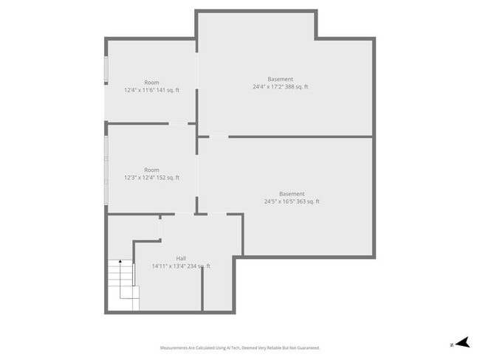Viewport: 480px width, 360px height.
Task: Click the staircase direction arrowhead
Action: [x=120, y=262]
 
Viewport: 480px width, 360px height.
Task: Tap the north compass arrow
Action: [x=462, y=342]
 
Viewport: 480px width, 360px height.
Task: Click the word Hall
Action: [x=181, y=258]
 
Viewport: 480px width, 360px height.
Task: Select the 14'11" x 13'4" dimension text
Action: [x=181, y=266]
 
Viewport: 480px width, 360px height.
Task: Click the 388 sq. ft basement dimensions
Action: [x=280, y=87]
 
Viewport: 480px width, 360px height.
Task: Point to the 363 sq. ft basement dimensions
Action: [x=292, y=201]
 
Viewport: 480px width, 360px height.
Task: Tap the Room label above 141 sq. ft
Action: [x=151, y=83]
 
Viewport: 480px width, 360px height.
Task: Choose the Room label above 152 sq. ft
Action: [x=151, y=170]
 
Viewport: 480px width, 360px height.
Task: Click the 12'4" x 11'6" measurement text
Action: [x=151, y=91]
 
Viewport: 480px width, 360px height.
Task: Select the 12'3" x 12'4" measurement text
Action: [x=151, y=178]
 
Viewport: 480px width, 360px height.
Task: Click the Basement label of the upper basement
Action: [x=280, y=79]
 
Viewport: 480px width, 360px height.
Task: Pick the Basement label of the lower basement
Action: [x=292, y=193]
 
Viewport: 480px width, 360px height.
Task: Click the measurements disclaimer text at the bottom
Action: [x=240, y=347]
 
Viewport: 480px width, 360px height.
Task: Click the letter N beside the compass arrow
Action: [x=451, y=344]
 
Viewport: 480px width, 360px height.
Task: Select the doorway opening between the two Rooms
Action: [x=179, y=123]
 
